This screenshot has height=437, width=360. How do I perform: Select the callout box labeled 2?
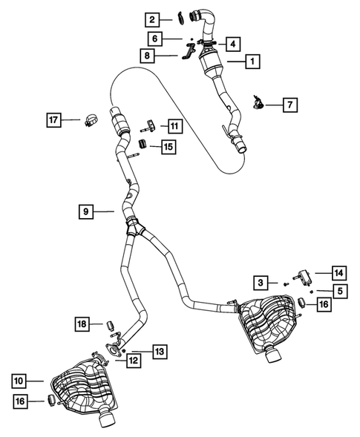point(151,19)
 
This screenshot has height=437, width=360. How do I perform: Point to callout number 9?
point(87,211)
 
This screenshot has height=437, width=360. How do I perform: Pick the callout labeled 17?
point(53,119)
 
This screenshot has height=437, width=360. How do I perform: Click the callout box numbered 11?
point(173,126)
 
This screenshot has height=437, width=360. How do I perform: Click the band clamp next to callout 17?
point(92,119)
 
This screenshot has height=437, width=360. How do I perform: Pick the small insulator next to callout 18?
point(109,323)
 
